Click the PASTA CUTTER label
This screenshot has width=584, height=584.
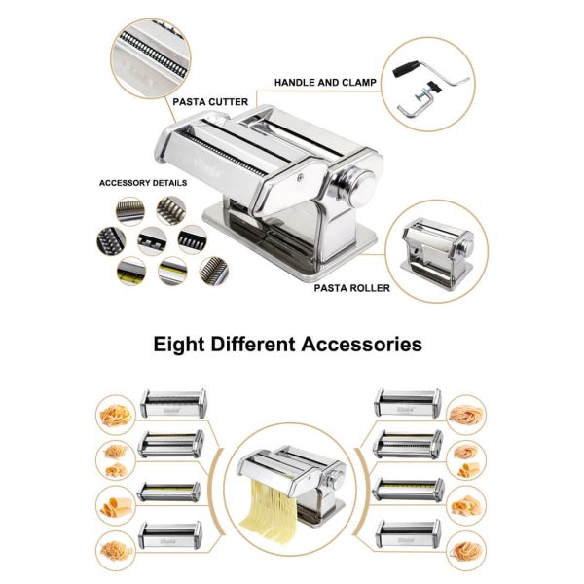pos(210,102)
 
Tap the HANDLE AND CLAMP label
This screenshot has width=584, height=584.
pos(325,83)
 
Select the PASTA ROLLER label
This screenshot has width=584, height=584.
pos(352,288)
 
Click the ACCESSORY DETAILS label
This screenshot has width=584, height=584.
pos(143,183)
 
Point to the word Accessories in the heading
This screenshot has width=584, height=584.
pos(362,344)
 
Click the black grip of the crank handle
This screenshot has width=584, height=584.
pos(406,69)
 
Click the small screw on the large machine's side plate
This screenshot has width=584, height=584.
pos(300,178)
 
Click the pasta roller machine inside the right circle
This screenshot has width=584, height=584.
pos(437,252)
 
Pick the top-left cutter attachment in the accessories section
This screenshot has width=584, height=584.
pos(173,403)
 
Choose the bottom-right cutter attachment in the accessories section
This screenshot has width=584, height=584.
pos(408,534)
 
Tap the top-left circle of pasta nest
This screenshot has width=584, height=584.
pos(116,415)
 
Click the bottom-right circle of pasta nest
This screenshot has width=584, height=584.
pos(466,551)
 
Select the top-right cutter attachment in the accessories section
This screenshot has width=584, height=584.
pos(408,403)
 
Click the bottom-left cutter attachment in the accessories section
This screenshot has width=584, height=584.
pos(169,535)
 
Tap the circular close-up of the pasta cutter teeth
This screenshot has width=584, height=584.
pos(151,58)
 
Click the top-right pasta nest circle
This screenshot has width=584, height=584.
pos(466,415)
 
